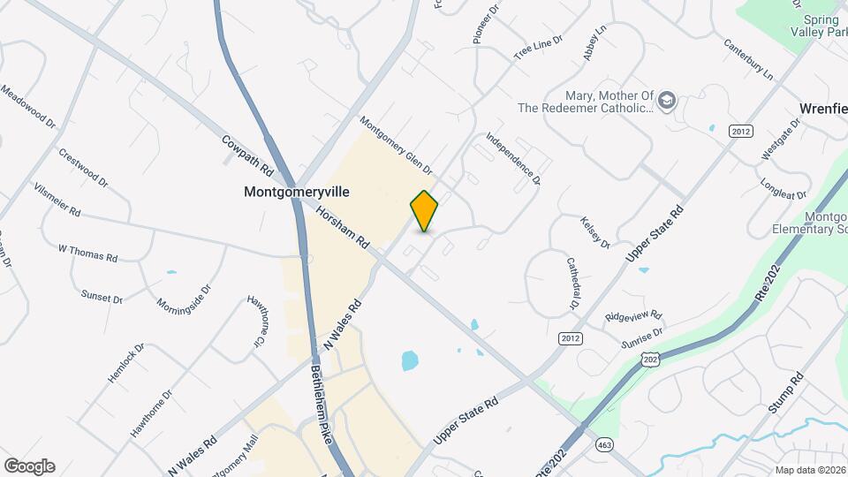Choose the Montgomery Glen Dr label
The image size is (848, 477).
[x=395, y=145]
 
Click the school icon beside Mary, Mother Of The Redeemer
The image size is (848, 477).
[x=667, y=100]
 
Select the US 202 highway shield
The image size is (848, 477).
[x=650, y=360]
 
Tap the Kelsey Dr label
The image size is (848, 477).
[x=594, y=231]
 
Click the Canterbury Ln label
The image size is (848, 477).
[x=747, y=58]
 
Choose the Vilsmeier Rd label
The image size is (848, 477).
[x=57, y=201]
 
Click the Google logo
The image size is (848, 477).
[x=29, y=466]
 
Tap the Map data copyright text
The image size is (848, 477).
[x=807, y=470]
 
